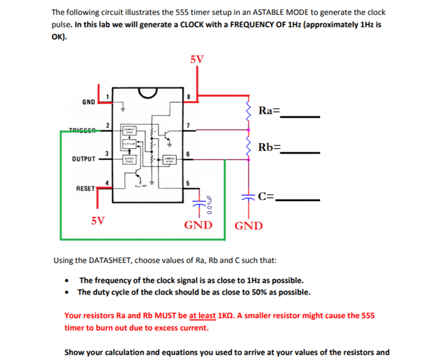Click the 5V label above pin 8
click(197, 60)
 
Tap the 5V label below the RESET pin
click(99, 220)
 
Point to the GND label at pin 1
click(88, 102)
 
